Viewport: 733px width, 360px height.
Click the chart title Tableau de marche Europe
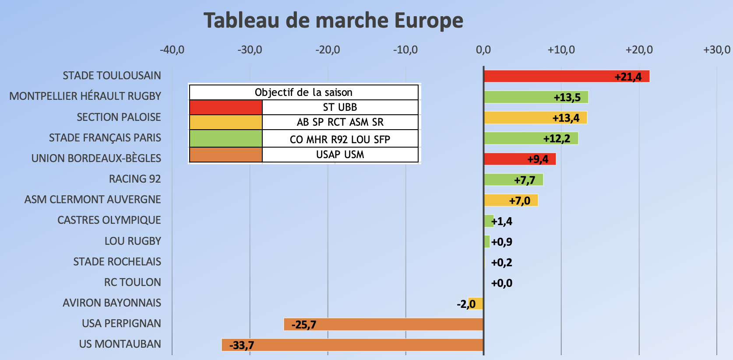tap(333, 21)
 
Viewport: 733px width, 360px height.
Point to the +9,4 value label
tap(538, 159)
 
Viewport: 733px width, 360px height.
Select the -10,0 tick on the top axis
tap(405, 50)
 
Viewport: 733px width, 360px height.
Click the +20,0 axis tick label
tap(639, 50)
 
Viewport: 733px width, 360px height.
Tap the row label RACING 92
tap(135, 179)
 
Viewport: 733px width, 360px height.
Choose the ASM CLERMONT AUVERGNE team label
tap(93, 200)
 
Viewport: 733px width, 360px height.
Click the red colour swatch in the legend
tap(226, 107)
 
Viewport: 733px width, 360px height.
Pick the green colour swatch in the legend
tap(226, 139)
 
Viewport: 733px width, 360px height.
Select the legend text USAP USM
tap(340, 155)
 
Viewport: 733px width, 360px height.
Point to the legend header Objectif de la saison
tap(303, 92)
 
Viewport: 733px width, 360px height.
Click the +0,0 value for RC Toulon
tap(502, 283)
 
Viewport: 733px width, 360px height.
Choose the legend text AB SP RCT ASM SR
tap(340, 122)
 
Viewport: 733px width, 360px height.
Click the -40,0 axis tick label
tap(172, 50)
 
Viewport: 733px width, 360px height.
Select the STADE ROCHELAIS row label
tap(117, 262)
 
